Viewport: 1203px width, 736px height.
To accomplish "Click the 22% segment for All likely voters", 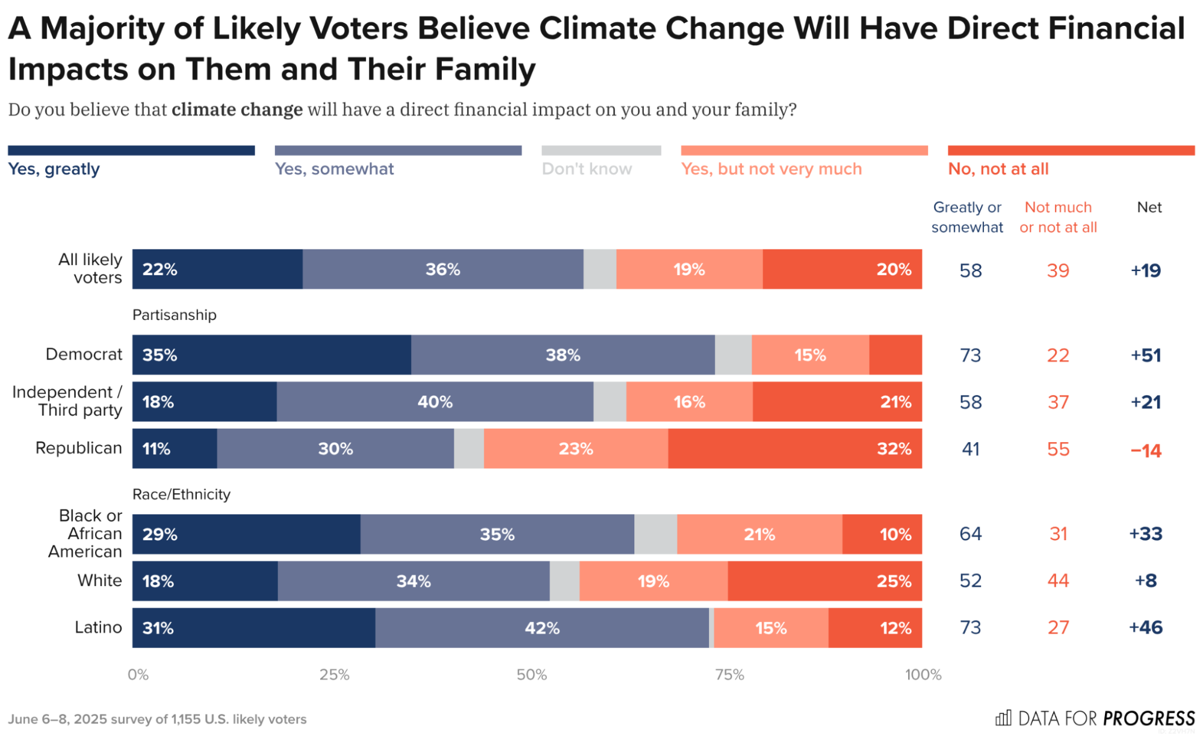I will coord(217,269).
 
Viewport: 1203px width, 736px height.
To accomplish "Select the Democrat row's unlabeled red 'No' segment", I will coord(895,355).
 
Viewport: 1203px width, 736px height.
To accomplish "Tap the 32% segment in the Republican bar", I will coord(794,449).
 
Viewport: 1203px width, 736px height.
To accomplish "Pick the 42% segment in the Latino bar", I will coord(542,628).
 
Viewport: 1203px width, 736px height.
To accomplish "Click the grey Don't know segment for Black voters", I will coord(655,534).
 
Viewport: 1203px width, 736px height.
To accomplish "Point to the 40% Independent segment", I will coord(435,402).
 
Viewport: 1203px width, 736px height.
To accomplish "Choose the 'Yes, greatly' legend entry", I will coord(54,169).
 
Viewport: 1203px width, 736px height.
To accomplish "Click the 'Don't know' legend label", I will coord(587,169).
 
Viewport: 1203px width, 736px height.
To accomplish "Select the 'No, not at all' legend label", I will coord(998,169).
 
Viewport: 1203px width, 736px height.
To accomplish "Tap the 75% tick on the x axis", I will coord(729,675).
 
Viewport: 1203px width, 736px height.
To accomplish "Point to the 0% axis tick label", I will coord(138,675).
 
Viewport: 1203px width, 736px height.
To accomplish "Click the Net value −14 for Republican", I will coord(1145,450).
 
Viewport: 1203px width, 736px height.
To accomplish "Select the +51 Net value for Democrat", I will coord(1145,355).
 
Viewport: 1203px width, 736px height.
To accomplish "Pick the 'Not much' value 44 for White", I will coord(1057,581).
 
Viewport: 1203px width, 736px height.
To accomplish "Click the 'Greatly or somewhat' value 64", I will coord(970,534).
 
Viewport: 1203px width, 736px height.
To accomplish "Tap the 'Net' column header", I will coord(1149,207).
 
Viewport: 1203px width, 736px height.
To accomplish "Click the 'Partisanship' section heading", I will coord(174,315).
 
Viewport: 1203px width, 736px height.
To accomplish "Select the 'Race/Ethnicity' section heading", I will coord(181,494).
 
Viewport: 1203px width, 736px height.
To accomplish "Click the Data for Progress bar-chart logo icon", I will coord(1003,718).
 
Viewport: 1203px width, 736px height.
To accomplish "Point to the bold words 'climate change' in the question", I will coord(237,110).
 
